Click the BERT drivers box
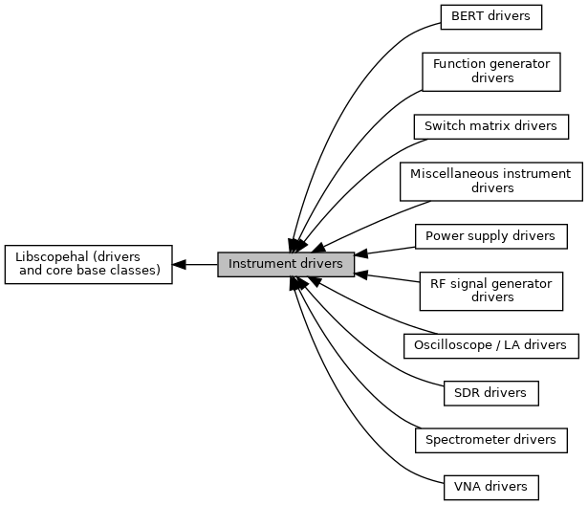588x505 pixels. pos(490,16)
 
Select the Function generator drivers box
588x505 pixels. pos(490,71)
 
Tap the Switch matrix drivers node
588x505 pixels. pos(490,125)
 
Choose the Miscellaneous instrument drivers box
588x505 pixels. pos(490,181)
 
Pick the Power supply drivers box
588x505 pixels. pos(490,235)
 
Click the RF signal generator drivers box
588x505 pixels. pos(491,290)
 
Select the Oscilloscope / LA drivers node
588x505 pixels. pos(490,344)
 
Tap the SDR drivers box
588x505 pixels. pos(490,392)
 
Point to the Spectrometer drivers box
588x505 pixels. pos(490,439)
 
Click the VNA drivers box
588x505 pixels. pos(490,486)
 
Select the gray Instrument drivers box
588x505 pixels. pos(285,263)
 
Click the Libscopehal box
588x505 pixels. pos(87,264)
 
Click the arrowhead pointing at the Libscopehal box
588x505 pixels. pos(179,264)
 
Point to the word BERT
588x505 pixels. pos(466,16)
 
